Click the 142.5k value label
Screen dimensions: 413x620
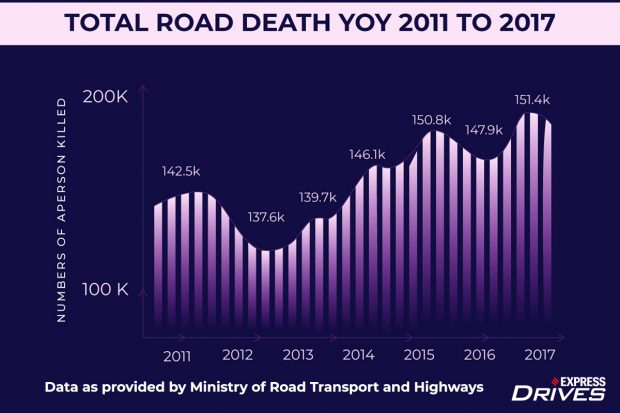click(x=183, y=172)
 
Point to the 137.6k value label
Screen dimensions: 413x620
click(x=267, y=217)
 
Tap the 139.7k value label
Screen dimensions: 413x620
click(x=320, y=198)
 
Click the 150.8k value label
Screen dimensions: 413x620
click(x=432, y=120)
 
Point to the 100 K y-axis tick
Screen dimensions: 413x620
click(x=107, y=289)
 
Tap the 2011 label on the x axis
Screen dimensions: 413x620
click(x=178, y=354)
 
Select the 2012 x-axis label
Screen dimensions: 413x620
click(x=238, y=354)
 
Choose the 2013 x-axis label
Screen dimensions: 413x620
click(x=298, y=354)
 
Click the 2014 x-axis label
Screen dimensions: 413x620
click(x=358, y=354)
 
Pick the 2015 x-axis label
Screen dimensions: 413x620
click(x=419, y=354)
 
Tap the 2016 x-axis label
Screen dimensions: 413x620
click(x=479, y=354)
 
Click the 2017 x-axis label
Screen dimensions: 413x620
click(x=539, y=354)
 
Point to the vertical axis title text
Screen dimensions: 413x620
click(x=61, y=209)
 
